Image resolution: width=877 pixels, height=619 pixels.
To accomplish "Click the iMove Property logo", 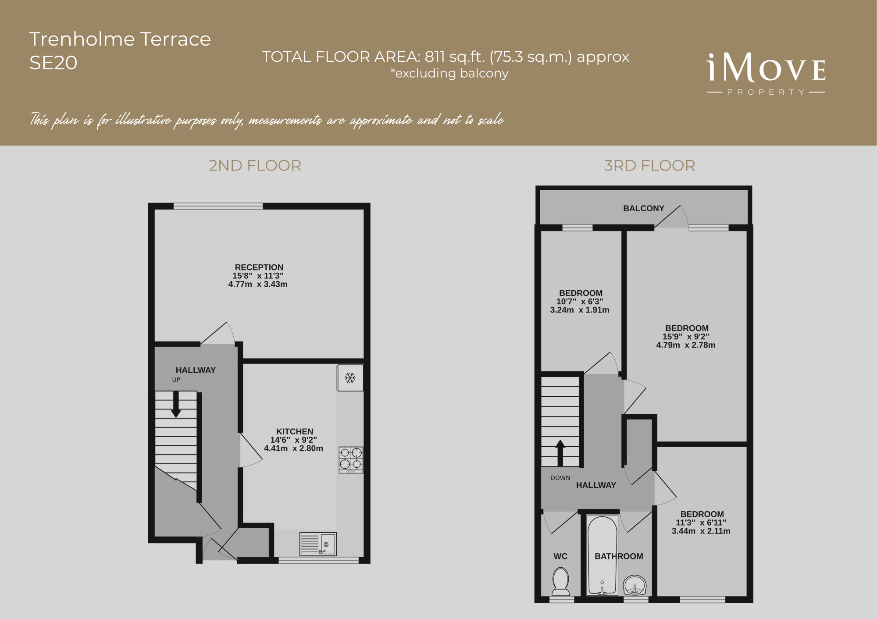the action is click(x=766, y=74).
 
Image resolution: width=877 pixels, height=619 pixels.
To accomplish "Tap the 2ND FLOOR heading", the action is click(x=255, y=166).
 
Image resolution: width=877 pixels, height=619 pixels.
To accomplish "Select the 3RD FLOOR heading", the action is click(x=649, y=166).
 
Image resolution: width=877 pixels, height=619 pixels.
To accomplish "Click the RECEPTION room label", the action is click(x=259, y=267).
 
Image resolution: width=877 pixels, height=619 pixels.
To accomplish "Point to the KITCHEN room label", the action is click(x=295, y=431).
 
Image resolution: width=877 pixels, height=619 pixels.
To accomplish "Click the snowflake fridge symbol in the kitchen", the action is click(x=350, y=378).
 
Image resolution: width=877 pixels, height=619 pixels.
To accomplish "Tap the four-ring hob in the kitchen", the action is click(x=351, y=460).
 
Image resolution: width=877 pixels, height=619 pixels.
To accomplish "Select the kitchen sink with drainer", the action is click(x=318, y=544).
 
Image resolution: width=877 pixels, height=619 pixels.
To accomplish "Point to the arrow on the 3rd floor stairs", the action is click(x=560, y=453).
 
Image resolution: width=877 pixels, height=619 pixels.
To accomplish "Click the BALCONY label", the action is click(x=644, y=209).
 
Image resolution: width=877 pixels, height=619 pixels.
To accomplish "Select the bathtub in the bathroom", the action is click(x=602, y=555).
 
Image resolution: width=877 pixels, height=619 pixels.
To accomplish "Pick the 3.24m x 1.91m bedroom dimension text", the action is click(x=580, y=310).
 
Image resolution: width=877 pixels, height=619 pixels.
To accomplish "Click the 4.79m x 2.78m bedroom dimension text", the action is click(x=686, y=345).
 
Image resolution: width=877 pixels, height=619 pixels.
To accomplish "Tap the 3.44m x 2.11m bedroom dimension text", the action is click(x=701, y=531).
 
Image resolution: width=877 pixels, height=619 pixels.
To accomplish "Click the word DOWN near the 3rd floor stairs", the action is click(x=560, y=478).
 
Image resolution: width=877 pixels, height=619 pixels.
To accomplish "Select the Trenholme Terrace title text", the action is click(x=120, y=39).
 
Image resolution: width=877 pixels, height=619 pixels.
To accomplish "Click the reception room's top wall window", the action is click(x=218, y=206).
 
